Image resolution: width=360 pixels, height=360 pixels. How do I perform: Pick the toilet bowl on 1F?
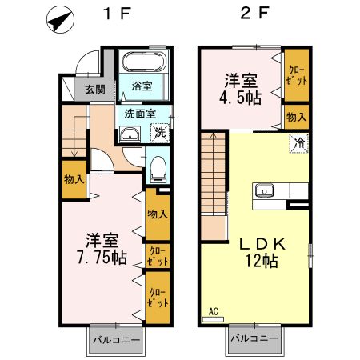click(x=158, y=169)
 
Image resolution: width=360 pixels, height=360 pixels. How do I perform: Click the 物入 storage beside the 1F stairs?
click(x=74, y=179)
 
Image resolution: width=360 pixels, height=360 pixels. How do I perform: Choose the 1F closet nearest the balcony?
click(x=156, y=298)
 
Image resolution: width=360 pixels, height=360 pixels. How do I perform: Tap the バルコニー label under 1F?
click(x=115, y=339)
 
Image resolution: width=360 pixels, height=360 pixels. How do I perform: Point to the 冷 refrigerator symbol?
click(x=298, y=144)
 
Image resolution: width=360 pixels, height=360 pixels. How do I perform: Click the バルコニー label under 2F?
click(x=254, y=339)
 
